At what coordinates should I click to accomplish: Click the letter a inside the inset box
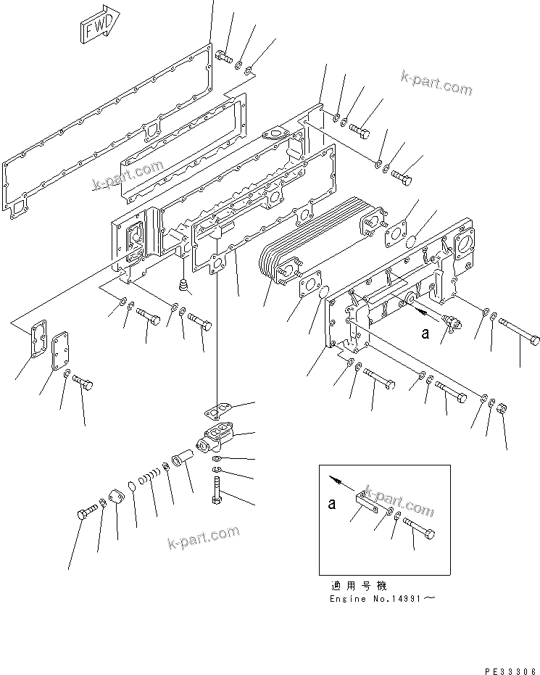point(332,504)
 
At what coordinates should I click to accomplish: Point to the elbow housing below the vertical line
point(217,439)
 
